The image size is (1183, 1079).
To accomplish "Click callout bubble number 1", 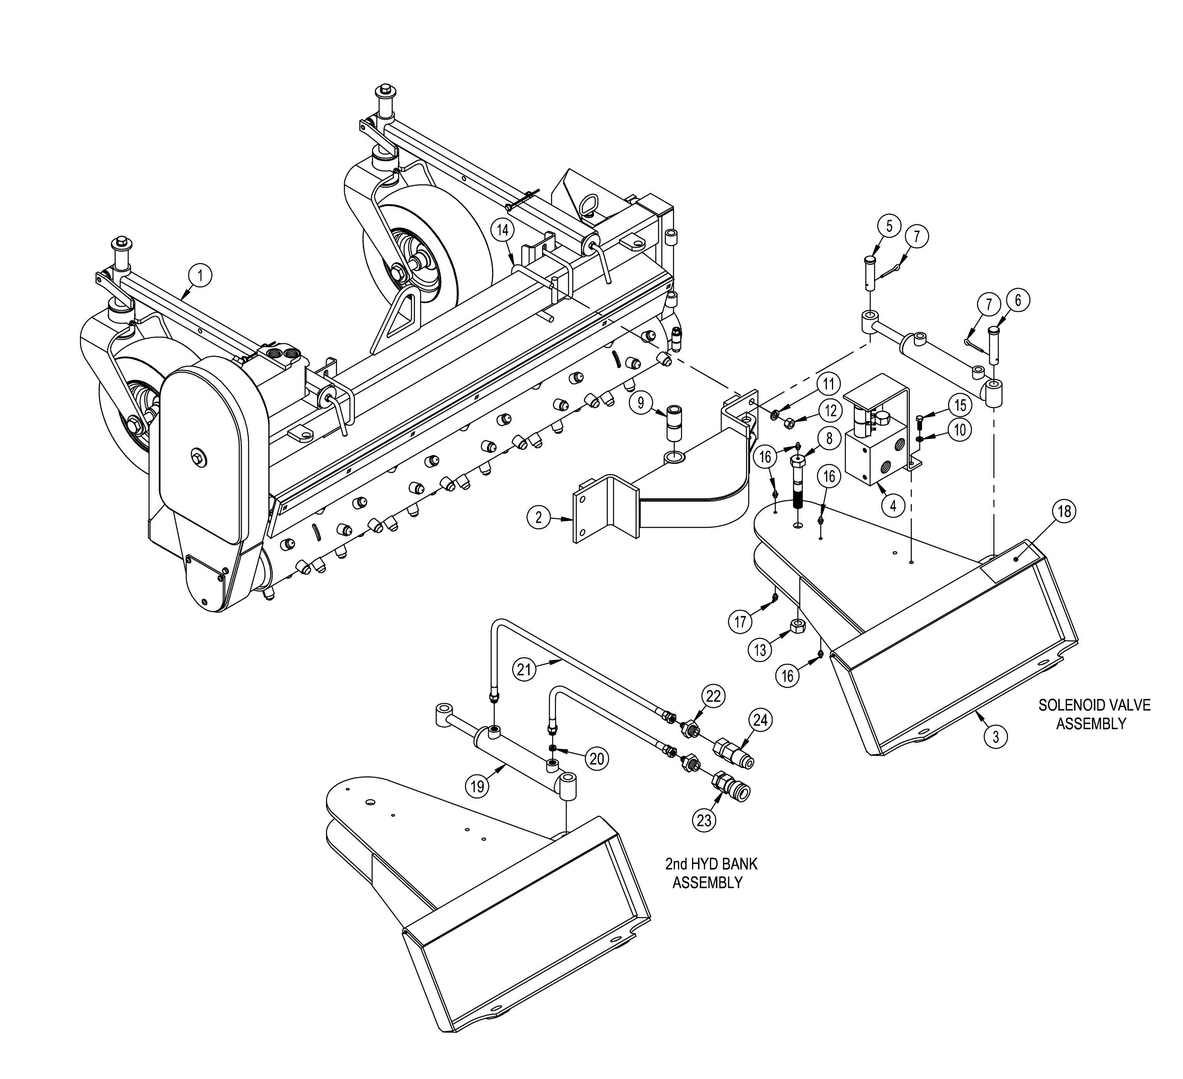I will [200, 275].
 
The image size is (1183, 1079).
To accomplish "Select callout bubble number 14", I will [503, 230].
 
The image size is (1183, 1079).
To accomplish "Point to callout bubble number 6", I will [1017, 300].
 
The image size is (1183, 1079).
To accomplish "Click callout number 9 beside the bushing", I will [641, 402].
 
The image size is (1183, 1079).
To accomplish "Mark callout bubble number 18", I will [1064, 511].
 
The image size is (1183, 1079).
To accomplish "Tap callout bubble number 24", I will [761, 720].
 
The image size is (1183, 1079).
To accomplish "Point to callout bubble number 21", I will [524, 669].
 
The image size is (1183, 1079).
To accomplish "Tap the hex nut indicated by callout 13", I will [798, 626].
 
